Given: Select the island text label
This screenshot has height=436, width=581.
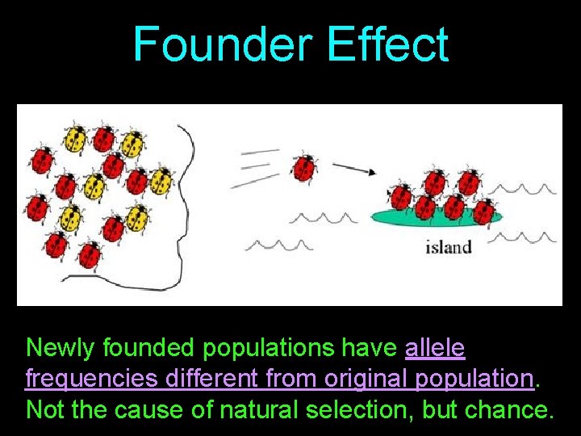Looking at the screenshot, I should click(x=448, y=247).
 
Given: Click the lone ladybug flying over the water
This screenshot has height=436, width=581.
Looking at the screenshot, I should click(x=303, y=167).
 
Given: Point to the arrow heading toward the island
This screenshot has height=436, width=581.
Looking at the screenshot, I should click(x=353, y=169).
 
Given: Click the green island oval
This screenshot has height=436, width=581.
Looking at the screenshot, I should click(x=436, y=217).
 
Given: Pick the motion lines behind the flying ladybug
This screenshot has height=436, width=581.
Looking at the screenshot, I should click(x=256, y=166).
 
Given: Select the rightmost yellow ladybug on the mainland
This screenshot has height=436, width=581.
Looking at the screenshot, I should click(x=162, y=179).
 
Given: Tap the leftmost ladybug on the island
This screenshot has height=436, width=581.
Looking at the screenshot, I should click(x=400, y=196).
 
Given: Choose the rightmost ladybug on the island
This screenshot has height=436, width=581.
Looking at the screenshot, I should click(x=483, y=211).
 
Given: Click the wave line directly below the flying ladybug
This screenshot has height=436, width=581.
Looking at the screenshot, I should click(x=323, y=218).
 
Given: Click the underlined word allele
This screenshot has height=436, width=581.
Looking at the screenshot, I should click(x=435, y=348).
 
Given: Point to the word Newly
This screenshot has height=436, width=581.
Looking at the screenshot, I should click(x=57, y=348).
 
